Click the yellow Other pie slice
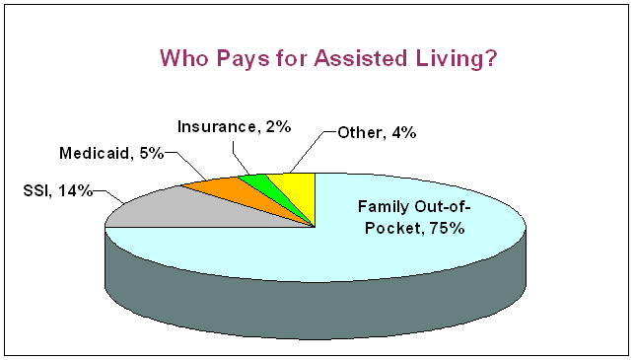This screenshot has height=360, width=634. pos(300,189)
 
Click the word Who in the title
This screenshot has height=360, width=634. pos(184,58)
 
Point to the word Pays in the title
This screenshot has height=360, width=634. pos(243,59)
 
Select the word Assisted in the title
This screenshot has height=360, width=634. pos(361,58)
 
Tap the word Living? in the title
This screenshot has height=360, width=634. pos(457,59)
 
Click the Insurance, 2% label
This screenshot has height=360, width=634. pos(234,127)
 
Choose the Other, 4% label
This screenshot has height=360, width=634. pos(377,133)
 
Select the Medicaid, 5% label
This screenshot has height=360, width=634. pos(111,153)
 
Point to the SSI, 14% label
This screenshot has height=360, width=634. pos(58,191)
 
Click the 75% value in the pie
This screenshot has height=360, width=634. pos(448,229)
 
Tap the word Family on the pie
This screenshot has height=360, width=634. pos(384,207)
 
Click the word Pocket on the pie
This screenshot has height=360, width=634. pos(392,229)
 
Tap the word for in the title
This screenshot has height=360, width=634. pos(292,58)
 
